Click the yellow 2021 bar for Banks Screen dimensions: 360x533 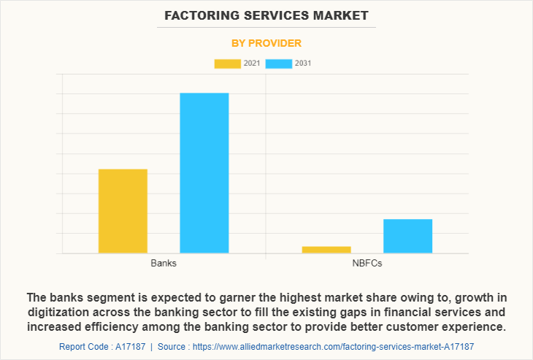pos(123,211)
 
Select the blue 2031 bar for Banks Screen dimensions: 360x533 pos(204,173)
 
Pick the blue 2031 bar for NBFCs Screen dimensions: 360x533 pos(407,236)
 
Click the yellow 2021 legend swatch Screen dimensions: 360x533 pos(227,64)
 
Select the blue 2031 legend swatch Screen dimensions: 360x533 pos(278,64)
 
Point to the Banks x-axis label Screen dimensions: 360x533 pos(164,263)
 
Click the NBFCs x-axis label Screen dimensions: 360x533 pos(367,263)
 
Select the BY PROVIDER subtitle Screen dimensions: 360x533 pos(266,43)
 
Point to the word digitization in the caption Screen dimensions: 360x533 pos(59,311)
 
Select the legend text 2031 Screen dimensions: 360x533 pos(303,64)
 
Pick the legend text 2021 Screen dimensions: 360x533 pos(252,64)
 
